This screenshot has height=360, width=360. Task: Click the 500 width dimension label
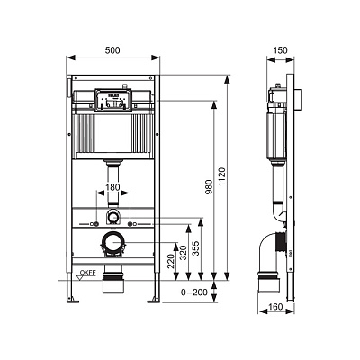pos(112,50)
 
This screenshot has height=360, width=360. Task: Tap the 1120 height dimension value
pos(221,177)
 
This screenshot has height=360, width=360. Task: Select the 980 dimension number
pos(209,187)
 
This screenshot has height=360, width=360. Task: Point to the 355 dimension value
pos(196,248)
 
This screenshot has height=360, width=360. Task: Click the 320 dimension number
pos(184,253)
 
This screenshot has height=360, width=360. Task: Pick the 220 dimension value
pos(171,261)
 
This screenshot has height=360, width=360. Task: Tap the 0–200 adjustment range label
pos(194,292)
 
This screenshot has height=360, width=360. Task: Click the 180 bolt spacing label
pos(112,187)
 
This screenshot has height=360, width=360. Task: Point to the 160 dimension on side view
pos(275,307)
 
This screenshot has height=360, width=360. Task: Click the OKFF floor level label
pos(88,273)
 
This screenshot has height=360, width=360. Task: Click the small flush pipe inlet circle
pos(112,216)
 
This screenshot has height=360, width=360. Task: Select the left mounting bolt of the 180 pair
pos(96,224)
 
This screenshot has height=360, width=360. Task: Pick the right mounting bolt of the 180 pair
pos(130,224)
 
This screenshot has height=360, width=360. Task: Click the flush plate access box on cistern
pos(112,100)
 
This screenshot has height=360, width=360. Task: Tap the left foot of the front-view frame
pos(73,300)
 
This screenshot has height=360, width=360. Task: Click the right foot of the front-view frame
pos(154,300)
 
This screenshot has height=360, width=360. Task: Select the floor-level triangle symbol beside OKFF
pos(80,278)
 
